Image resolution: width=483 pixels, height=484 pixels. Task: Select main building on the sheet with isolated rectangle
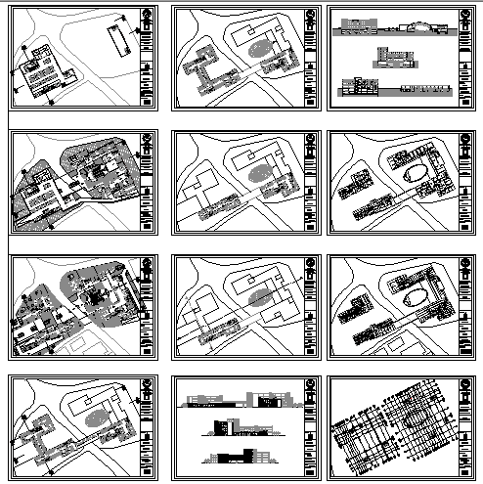(x=49, y=75)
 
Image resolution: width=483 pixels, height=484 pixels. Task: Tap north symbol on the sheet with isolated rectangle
(x=148, y=16)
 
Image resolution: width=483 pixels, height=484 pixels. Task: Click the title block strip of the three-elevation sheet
(x=308, y=430)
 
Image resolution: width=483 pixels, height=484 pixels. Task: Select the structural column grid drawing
(x=391, y=431)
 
